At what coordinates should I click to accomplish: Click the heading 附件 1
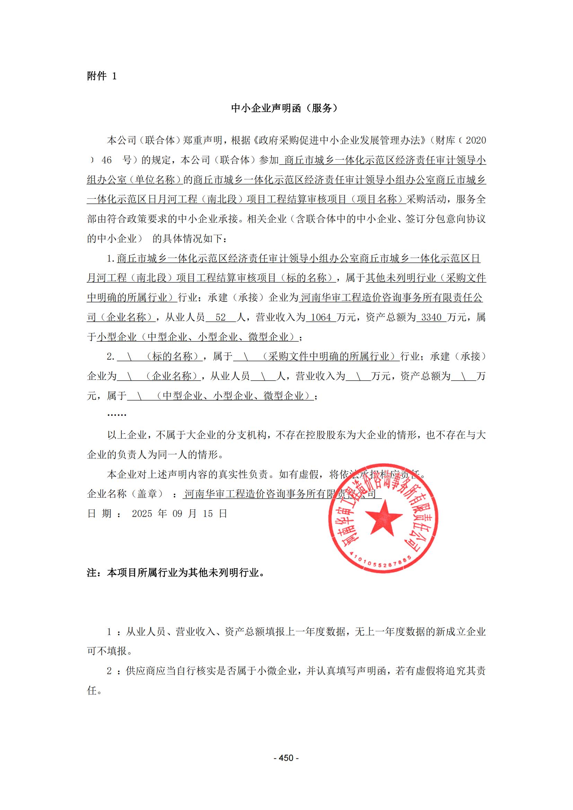point(102,76)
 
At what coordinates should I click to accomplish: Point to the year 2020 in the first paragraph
point(476,140)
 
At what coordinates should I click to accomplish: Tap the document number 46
point(107,160)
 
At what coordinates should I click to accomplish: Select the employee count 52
point(221,317)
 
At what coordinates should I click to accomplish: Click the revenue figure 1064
point(321,317)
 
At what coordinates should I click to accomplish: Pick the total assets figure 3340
point(431,317)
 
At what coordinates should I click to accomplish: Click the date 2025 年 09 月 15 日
point(179,514)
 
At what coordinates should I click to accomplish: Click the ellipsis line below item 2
point(116,415)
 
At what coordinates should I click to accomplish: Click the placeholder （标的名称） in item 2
point(173,357)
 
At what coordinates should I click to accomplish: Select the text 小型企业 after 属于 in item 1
point(117,337)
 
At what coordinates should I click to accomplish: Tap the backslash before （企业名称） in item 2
point(130,376)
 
